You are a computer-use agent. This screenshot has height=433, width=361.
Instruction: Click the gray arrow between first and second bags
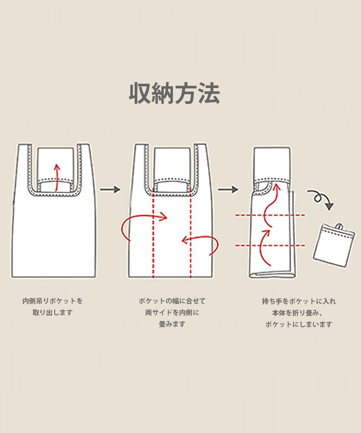[110, 189]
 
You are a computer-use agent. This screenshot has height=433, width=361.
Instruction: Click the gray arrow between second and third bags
[228, 189]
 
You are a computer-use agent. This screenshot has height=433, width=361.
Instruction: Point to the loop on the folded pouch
[340, 226]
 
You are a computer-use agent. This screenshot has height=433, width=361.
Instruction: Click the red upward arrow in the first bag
[56, 177]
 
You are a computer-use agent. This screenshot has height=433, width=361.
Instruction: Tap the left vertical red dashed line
[153, 235]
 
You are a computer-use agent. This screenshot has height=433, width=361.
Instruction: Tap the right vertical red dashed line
[190, 235]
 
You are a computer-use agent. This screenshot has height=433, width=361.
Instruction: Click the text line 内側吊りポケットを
[53, 301]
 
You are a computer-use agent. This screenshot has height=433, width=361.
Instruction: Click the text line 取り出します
[53, 312]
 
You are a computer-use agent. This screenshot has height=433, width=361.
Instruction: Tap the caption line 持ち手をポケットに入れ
[299, 301]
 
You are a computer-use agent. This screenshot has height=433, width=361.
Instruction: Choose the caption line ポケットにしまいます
[299, 324]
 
